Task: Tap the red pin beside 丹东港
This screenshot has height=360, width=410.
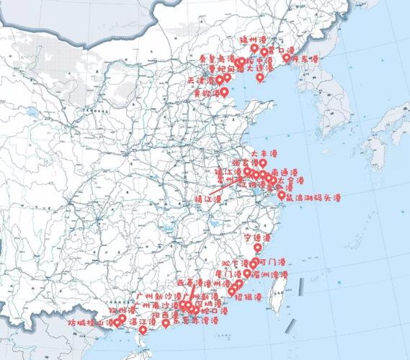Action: click(287, 57)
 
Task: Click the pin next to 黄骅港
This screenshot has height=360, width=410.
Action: click(224, 91)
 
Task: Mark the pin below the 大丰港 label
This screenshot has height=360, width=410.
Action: click(262, 163)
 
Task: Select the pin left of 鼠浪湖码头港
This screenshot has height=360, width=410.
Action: click(281, 194)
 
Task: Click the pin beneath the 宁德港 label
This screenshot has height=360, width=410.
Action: click(258, 248)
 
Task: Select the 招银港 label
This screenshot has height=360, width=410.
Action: click(247, 297)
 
